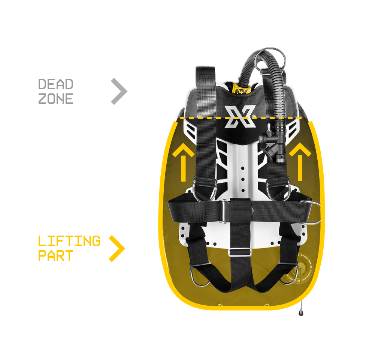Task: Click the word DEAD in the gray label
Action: (x=56, y=84)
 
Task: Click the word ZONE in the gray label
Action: (x=56, y=99)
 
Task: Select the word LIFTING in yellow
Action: (x=69, y=241)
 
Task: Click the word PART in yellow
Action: (x=56, y=256)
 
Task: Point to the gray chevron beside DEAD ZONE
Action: (x=120, y=92)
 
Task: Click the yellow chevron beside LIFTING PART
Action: (x=117, y=248)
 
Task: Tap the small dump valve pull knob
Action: (x=301, y=312)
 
